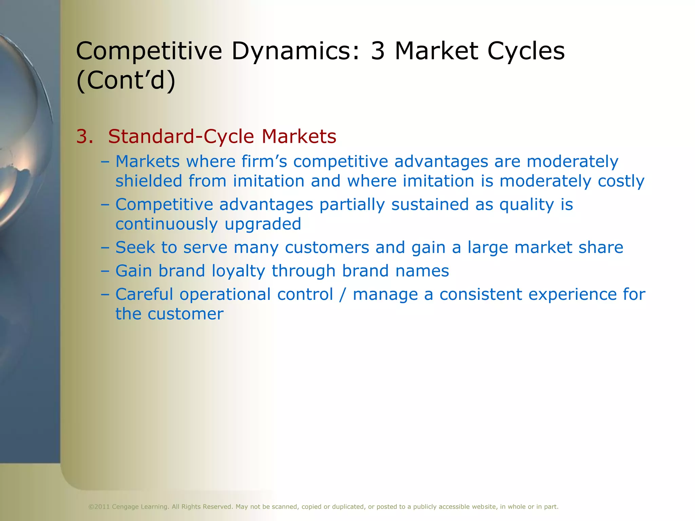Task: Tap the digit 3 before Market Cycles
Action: coord(378,51)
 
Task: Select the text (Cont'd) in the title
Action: coord(126,80)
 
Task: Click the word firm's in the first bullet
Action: coord(264,161)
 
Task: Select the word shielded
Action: coord(149,181)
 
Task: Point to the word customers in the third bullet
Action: coord(327,247)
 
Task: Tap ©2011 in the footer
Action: coord(99,507)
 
